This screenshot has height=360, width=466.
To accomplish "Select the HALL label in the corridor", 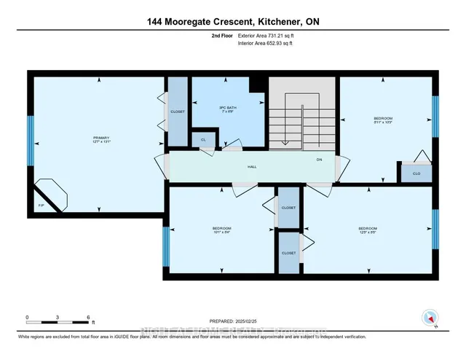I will pyautogui.click(x=252, y=167).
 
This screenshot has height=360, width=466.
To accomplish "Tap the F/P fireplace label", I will pyautogui.click(x=41, y=206).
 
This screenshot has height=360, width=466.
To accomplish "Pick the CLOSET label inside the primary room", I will pyautogui.click(x=178, y=111).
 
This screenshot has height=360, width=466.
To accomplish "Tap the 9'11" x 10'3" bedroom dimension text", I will pyautogui.click(x=383, y=122).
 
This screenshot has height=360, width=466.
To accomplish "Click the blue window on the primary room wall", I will pyautogui.click(x=30, y=135).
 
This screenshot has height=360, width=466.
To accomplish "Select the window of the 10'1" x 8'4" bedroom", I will pyautogui.click(x=166, y=246).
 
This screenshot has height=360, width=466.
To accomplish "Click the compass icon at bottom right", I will pyautogui.click(x=429, y=318).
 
